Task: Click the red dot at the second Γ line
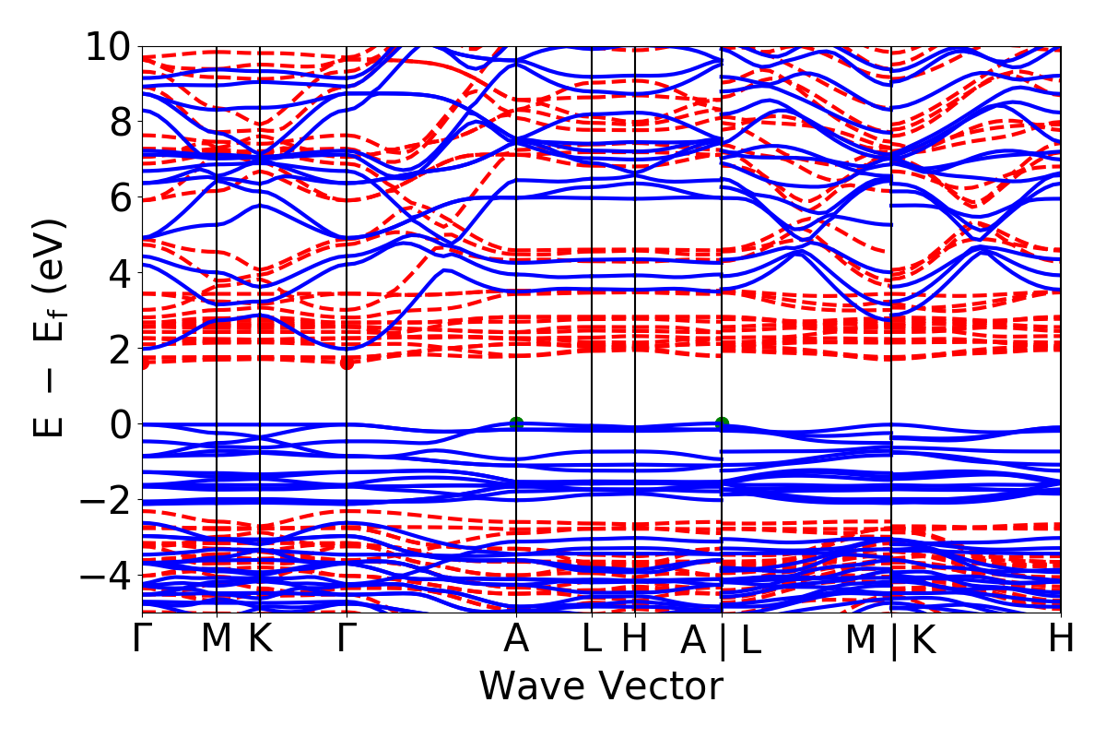click(x=347, y=363)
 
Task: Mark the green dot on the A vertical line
click(x=516, y=423)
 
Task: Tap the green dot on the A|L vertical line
click(x=722, y=423)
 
